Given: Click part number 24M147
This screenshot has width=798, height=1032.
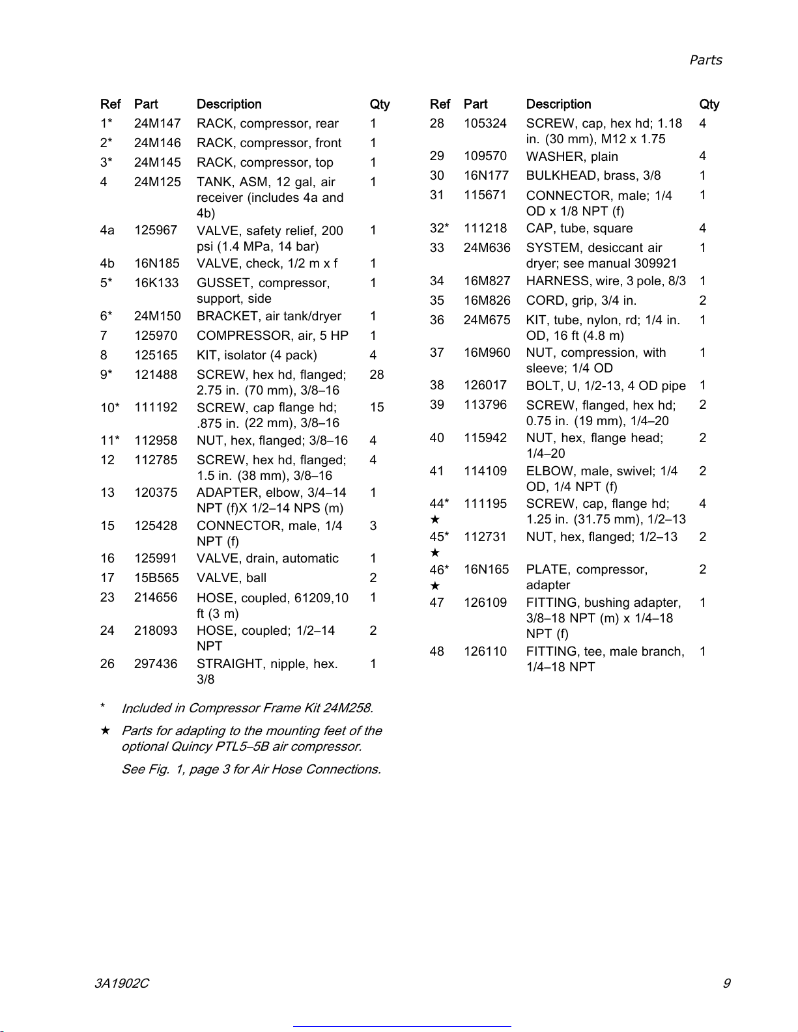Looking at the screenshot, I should (x=157, y=124).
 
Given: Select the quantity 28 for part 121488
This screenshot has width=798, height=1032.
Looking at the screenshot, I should (x=377, y=375).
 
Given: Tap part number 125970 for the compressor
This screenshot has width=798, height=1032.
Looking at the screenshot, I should (x=156, y=336).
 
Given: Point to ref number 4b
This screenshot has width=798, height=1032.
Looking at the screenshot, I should (x=107, y=264).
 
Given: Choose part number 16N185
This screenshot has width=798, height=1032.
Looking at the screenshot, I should (x=156, y=264).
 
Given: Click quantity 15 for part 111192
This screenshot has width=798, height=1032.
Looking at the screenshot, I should (x=377, y=408).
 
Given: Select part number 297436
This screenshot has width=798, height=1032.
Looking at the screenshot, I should (x=156, y=664).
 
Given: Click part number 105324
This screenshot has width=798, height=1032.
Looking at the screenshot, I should (x=485, y=124).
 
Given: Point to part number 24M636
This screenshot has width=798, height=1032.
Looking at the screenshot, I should (x=487, y=248).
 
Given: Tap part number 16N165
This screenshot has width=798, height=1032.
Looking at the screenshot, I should (x=486, y=570).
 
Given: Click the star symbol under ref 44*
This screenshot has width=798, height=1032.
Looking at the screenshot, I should (x=435, y=520).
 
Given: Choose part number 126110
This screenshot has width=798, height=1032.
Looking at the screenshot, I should (x=485, y=652).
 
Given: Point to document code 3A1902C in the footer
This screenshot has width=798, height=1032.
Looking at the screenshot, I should (x=121, y=983).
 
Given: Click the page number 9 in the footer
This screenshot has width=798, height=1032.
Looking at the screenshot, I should (x=726, y=983).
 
